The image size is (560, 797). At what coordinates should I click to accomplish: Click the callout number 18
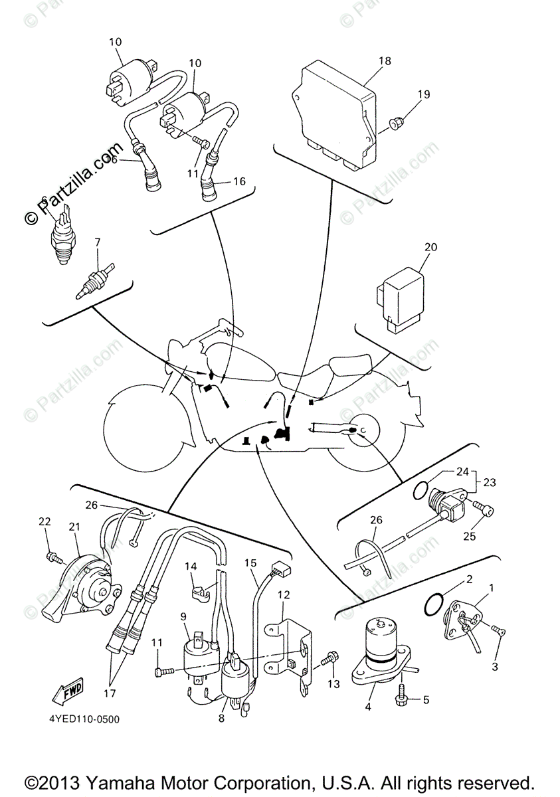[385, 61]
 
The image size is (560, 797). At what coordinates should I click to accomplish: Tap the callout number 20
[430, 247]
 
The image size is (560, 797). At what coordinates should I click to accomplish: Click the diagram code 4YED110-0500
[84, 719]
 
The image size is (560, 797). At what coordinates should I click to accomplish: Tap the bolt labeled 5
[403, 699]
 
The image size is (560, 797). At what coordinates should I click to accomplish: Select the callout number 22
[45, 522]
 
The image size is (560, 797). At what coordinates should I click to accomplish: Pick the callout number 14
[191, 567]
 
